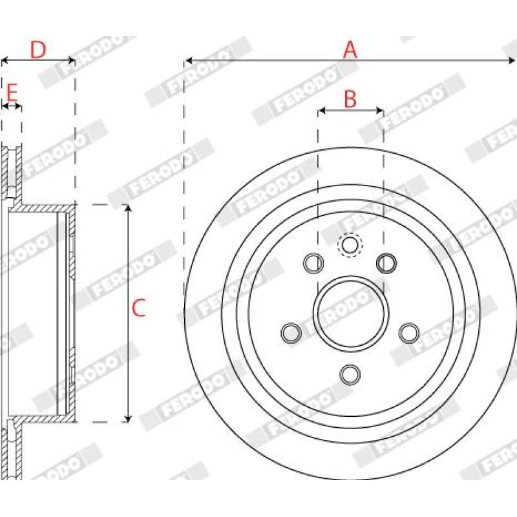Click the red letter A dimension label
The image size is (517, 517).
pyautogui.click(x=350, y=50)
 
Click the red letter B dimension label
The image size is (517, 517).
pyautogui.click(x=350, y=99)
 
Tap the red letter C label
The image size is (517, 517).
pyautogui.click(x=138, y=308)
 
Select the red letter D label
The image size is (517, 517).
pyautogui.click(x=38, y=50)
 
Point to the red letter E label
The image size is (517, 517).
pyautogui.click(x=12, y=92)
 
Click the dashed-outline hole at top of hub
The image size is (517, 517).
pyautogui.click(x=350, y=245)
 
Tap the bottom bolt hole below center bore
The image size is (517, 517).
pyautogui.click(x=350, y=374)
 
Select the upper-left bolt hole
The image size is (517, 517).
pyautogui.click(x=313, y=263)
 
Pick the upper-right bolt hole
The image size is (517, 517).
pyautogui.click(x=386, y=263)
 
